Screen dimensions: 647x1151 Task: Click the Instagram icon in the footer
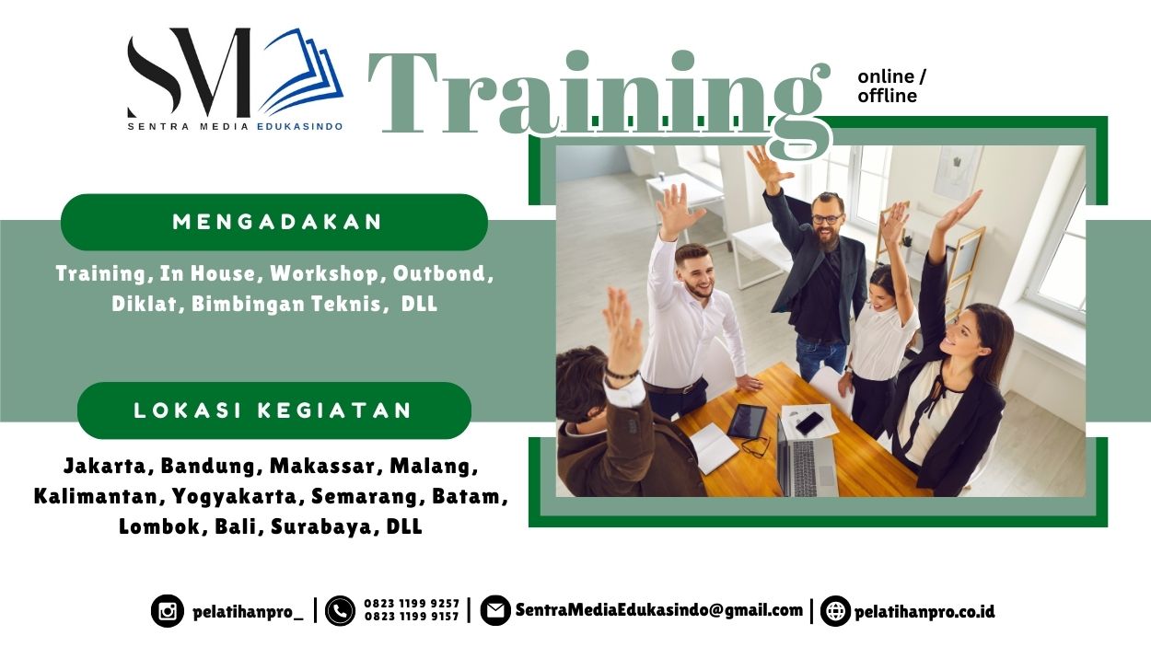[x=167, y=611]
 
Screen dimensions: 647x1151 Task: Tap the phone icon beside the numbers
[x=340, y=611]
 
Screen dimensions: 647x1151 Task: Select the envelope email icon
[x=495, y=610]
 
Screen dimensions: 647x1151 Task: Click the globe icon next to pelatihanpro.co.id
[x=835, y=611]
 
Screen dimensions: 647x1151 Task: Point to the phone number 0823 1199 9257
[x=412, y=604]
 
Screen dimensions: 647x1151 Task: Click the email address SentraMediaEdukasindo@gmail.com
[x=659, y=609]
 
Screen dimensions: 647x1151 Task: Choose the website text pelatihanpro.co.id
[x=924, y=611]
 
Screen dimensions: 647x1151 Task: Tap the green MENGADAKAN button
[x=274, y=222]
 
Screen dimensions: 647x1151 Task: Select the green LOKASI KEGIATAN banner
[x=273, y=410]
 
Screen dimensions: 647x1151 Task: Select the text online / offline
[x=891, y=86]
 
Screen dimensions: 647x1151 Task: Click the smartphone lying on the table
[x=810, y=423]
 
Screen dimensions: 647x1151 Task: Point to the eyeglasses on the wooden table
[x=755, y=447]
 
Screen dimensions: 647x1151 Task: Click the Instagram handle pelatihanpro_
[x=248, y=611]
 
